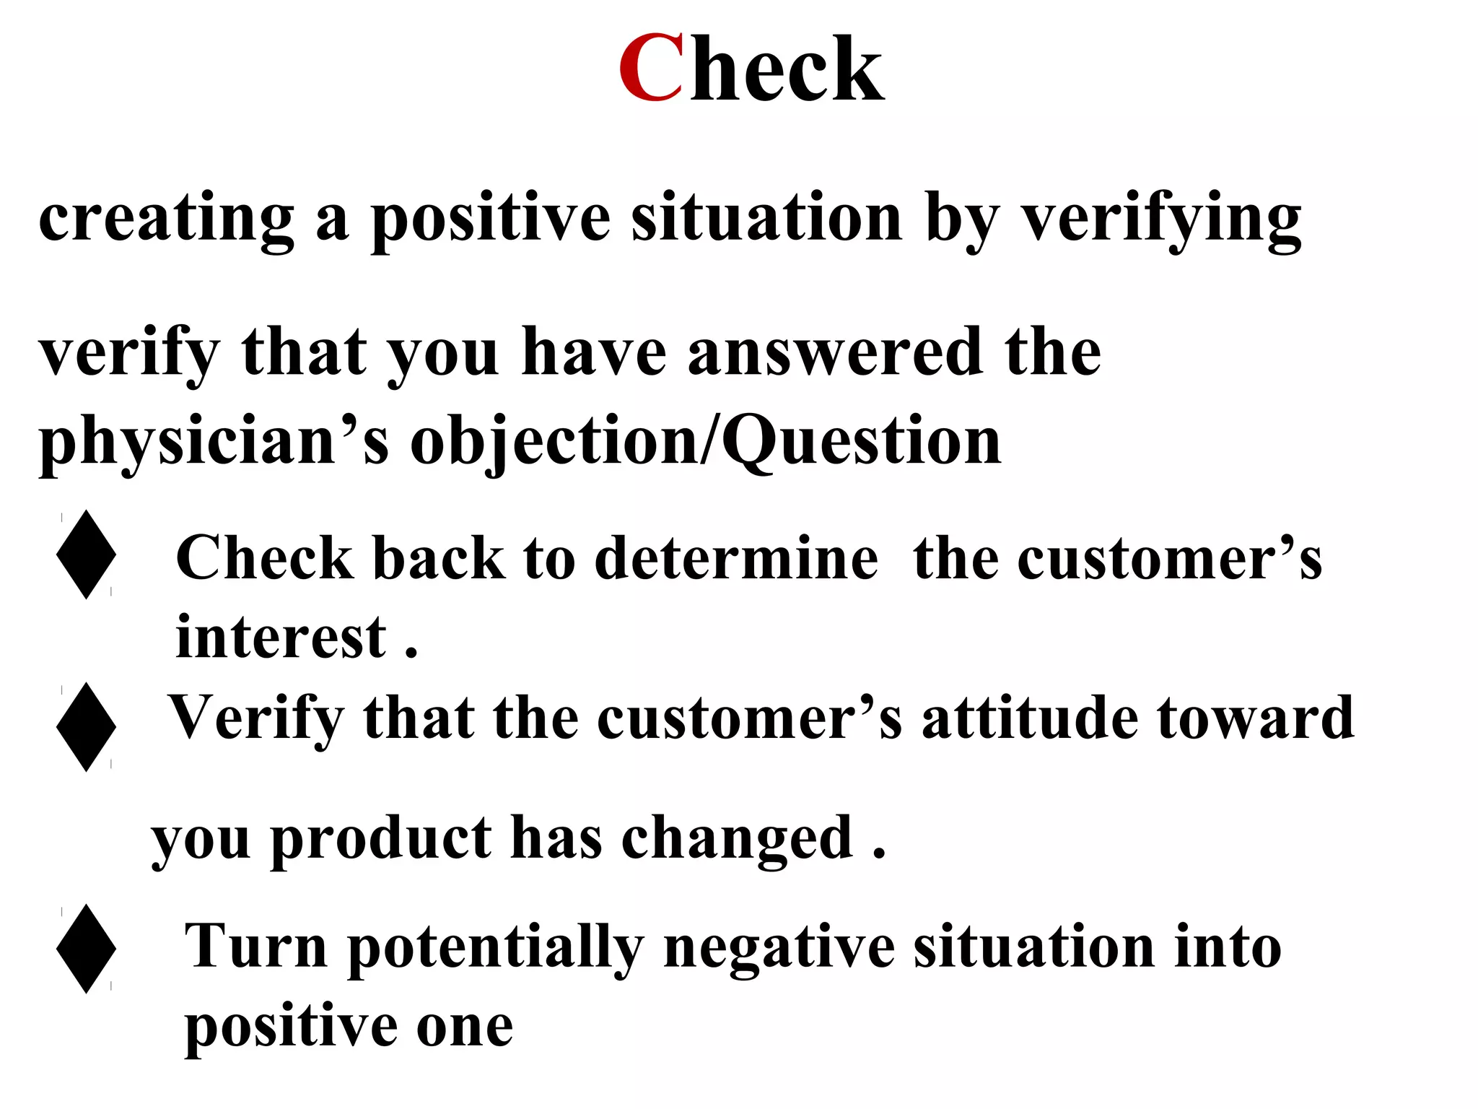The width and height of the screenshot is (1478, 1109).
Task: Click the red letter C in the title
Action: (650, 69)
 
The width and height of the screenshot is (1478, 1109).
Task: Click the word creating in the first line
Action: (166, 218)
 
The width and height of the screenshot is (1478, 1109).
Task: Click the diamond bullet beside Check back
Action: (87, 554)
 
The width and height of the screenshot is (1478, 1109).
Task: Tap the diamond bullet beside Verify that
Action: (87, 727)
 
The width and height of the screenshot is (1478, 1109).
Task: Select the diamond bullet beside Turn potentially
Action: (87, 949)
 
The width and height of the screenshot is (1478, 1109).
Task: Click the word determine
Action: (736, 559)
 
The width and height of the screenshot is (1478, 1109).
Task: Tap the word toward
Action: (1256, 718)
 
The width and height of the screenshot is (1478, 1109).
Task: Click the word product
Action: (382, 839)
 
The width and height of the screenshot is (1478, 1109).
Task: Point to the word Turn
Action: (256, 947)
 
